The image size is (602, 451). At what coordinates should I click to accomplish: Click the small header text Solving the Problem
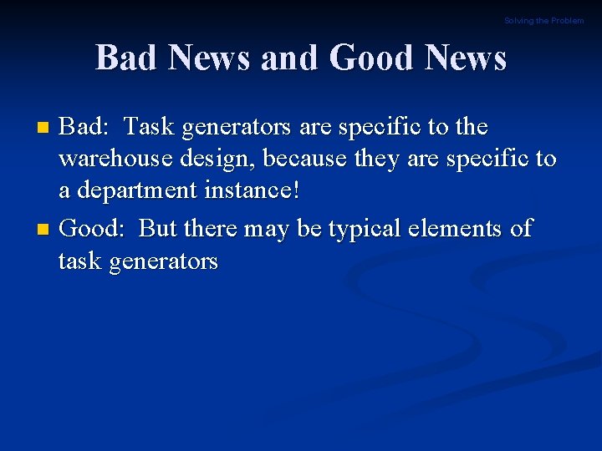pos(543,21)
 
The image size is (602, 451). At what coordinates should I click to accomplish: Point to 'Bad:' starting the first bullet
pos(84,127)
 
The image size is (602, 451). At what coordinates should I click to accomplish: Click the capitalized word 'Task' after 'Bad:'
pos(150,127)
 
